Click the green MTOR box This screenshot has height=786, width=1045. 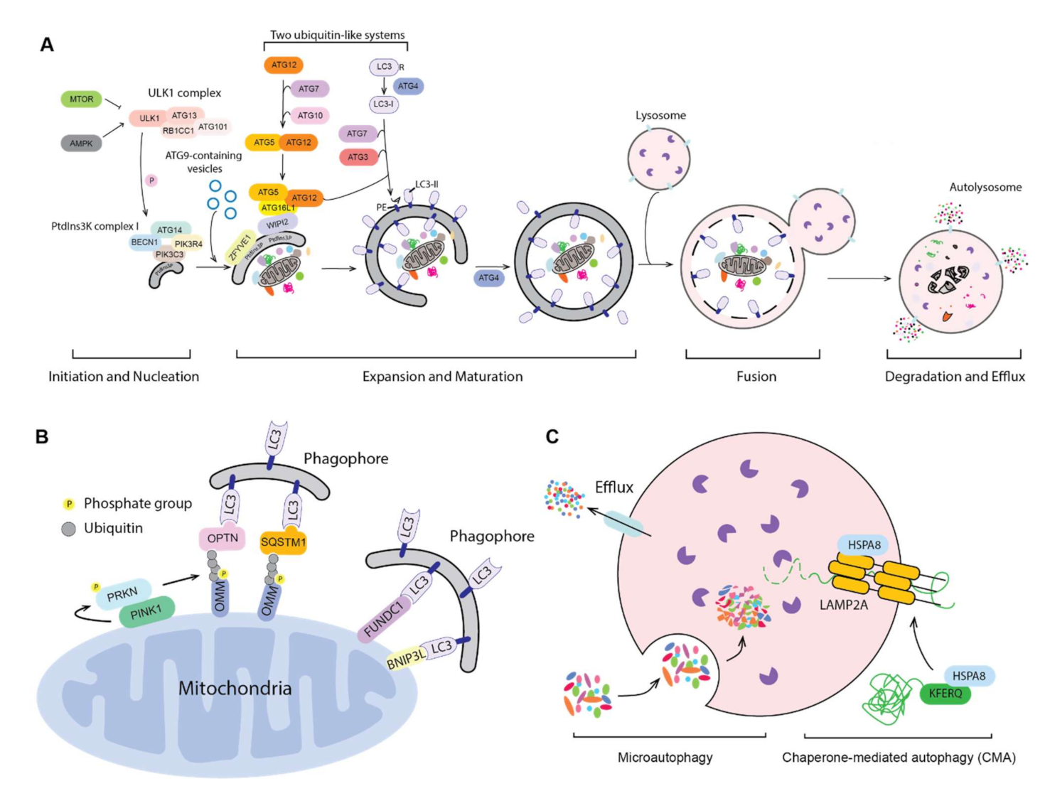[x=81, y=99]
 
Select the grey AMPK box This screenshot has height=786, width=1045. [x=81, y=144]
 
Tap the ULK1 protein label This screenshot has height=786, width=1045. [x=149, y=118]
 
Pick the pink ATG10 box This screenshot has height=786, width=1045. [x=310, y=115]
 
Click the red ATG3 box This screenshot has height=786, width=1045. [x=358, y=157]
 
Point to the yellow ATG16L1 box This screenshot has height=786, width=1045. [x=277, y=208]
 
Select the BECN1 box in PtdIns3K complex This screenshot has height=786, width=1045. [x=144, y=242]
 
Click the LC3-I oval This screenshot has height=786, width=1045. [x=383, y=104]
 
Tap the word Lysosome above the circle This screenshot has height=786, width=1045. [x=660, y=115]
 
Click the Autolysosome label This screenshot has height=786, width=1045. [x=985, y=187]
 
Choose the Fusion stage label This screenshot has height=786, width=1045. [x=756, y=377]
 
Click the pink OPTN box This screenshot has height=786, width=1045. [x=223, y=539]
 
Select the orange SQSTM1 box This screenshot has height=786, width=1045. [x=283, y=543]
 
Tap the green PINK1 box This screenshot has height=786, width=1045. [x=146, y=611]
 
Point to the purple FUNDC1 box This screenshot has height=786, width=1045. [x=384, y=619]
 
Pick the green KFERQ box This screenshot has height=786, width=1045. [x=945, y=693]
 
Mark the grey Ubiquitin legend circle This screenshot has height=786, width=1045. [x=69, y=529]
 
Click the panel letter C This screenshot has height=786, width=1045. [x=552, y=436]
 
